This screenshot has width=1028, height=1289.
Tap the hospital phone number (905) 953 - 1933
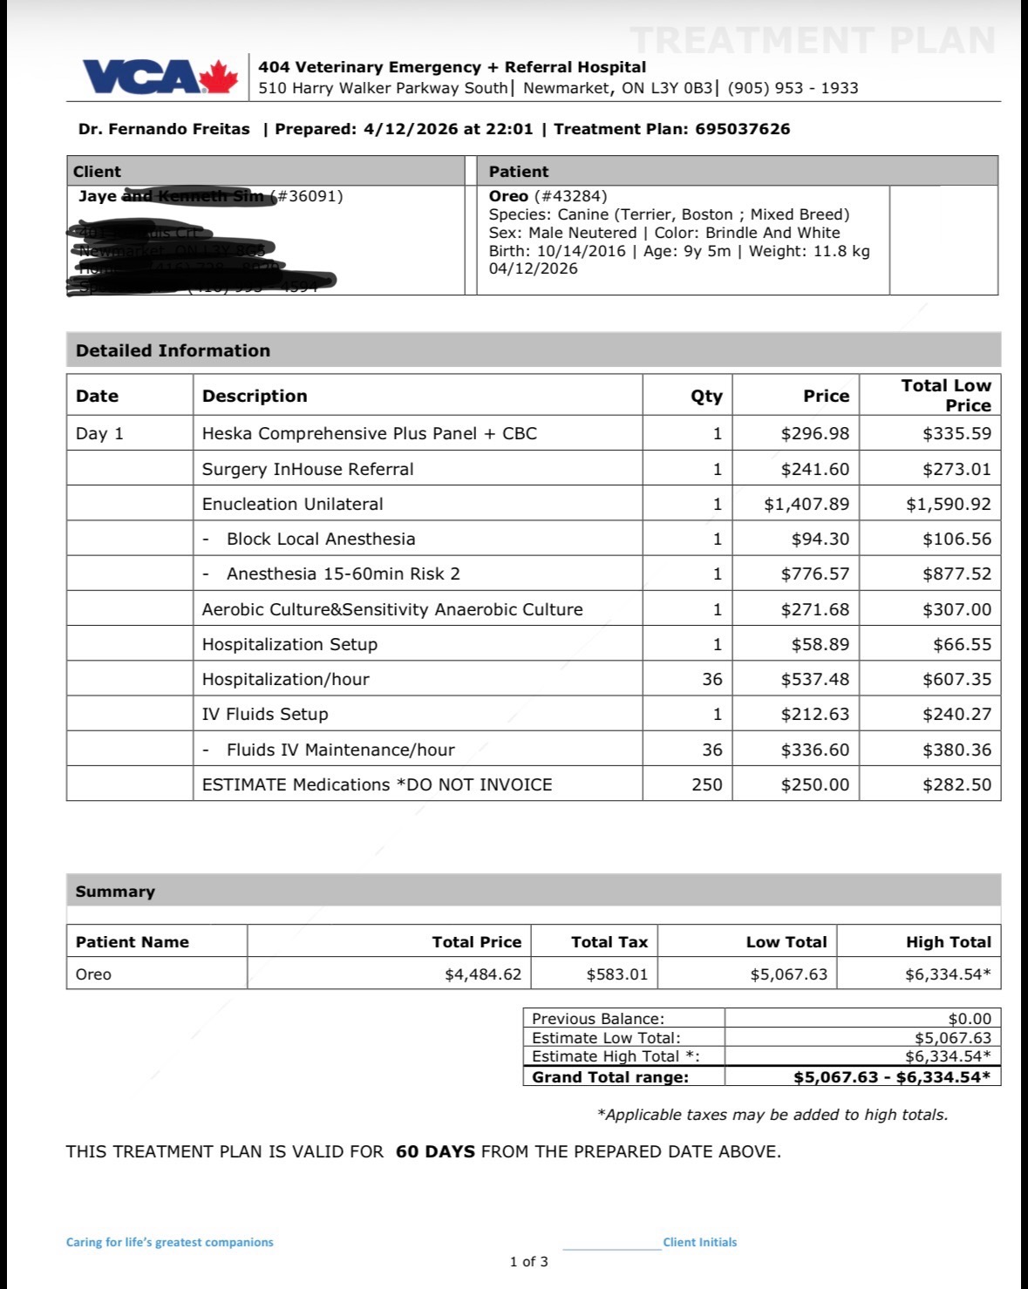[793, 88]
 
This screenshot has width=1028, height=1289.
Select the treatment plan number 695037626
[742, 129]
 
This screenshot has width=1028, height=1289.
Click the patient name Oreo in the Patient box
[507, 196]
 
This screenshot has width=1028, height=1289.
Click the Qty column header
[706, 396]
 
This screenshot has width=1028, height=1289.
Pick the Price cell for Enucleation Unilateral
[806, 504]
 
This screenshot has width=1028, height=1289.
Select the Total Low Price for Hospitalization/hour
[957, 679]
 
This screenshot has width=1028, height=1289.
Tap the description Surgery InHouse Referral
[308, 469]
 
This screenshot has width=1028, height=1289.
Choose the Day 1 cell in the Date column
[99, 433]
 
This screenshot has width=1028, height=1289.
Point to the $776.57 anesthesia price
[814, 573]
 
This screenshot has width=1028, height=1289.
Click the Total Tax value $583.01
[616, 974]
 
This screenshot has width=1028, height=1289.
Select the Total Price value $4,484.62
[482, 974]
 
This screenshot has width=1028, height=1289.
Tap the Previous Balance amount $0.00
[969, 1019]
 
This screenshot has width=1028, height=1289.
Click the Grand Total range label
[609, 1077]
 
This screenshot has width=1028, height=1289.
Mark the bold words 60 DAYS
[435, 1151]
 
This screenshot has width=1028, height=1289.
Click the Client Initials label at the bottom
[699, 1242]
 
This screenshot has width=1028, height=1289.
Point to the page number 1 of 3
[528, 1261]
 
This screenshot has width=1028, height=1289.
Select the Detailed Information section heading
[173, 350]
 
